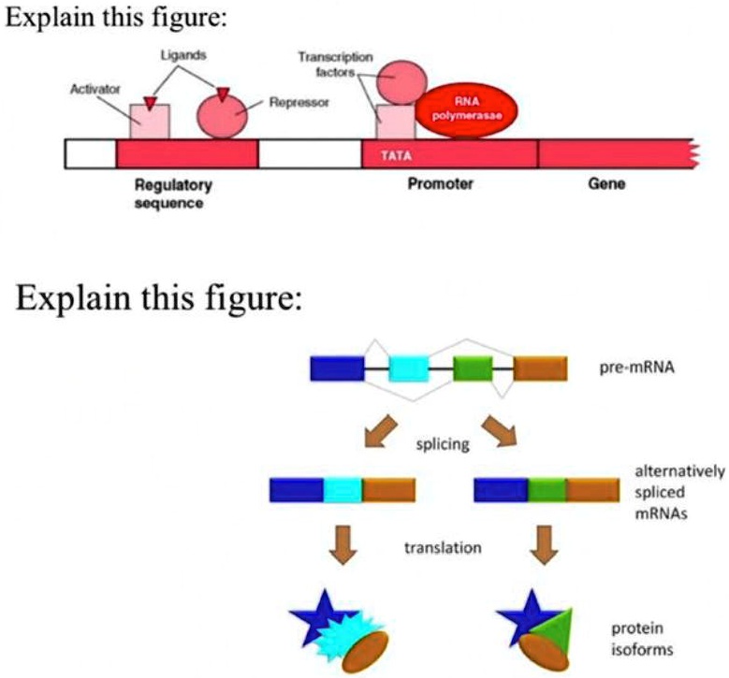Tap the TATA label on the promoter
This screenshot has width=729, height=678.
(x=397, y=154)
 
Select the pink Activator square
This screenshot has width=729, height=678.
(x=149, y=123)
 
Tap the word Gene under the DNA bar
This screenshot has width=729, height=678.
(x=605, y=185)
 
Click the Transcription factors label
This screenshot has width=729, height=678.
(x=335, y=64)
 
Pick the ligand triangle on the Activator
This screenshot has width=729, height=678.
(x=151, y=99)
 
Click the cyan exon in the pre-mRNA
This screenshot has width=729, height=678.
(x=408, y=369)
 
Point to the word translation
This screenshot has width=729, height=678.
(x=443, y=547)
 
